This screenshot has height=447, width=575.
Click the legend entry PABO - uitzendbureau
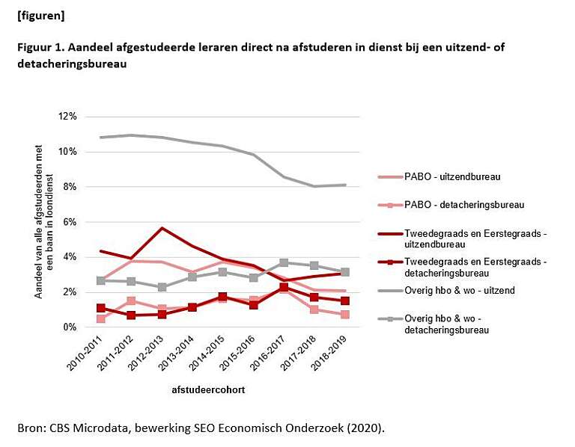coord(454,177)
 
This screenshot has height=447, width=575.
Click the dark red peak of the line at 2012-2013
coord(162,228)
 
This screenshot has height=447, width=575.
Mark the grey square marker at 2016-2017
coord(285,263)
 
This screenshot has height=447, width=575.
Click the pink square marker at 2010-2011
coord(101,319)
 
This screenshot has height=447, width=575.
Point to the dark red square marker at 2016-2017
coord(285,287)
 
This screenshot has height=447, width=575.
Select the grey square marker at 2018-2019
coord(345,272)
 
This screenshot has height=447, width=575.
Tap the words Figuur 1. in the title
coord(40,48)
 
